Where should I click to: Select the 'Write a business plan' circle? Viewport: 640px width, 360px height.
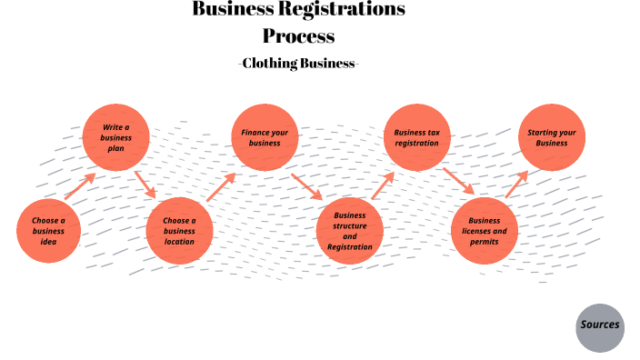pyautogui.click(x=115, y=138)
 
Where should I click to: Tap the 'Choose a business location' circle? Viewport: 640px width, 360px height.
pyautogui.click(x=179, y=231)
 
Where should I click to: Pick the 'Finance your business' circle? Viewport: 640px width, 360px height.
pyautogui.click(x=265, y=138)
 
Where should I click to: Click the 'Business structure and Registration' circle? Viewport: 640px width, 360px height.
pyautogui.click(x=350, y=231)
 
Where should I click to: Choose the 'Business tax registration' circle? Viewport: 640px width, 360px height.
pyautogui.click(x=416, y=138)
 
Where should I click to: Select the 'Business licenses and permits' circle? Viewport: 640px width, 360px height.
pyautogui.click(x=485, y=231)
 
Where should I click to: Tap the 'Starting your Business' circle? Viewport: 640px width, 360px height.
pyautogui.click(x=551, y=138)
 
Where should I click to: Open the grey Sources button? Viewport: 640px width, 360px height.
pyautogui.click(x=600, y=325)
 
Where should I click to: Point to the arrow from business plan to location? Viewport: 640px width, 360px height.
pyautogui.click(x=145, y=184)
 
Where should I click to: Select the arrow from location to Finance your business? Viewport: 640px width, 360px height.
pyautogui.click(x=220, y=187)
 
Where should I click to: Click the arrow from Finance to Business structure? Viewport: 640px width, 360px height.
pyautogui.click(x=307, y=185)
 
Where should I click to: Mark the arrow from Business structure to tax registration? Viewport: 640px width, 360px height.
pyautogui.click(x=382, y=185)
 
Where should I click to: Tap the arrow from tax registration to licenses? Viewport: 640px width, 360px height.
pyautogui.click(x=458, y=181)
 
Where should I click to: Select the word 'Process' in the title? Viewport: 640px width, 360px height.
pyautogui.click(x=299, y=37)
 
